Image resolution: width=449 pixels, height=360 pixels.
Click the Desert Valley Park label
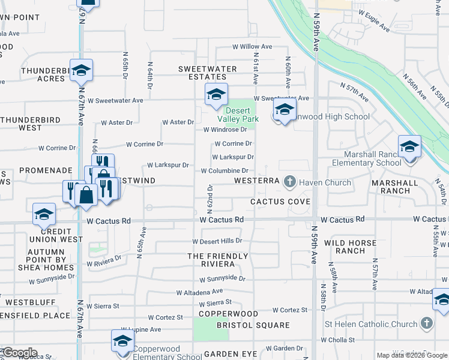(242, 115)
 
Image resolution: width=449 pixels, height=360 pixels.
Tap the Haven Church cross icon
(289, 181)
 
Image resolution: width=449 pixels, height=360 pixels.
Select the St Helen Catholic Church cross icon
(426, 324)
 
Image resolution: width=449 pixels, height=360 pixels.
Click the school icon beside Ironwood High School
(284, 110)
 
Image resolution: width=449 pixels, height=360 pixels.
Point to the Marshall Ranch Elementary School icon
(409, 146)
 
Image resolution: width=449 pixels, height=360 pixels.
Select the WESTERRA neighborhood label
(257, 181)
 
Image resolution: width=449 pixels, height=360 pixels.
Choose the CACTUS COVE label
(280, 202)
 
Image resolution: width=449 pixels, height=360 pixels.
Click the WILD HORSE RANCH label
(350, 247)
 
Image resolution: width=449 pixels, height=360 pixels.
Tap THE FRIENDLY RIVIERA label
(217, 260)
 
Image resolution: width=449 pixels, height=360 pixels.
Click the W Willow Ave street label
(252, 46)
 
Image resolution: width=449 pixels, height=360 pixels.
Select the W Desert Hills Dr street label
(217, 241)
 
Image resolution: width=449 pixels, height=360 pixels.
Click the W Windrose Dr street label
(225, 129)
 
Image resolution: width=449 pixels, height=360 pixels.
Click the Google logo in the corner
(19, 353)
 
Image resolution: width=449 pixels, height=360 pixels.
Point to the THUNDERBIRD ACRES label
(43, 74)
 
